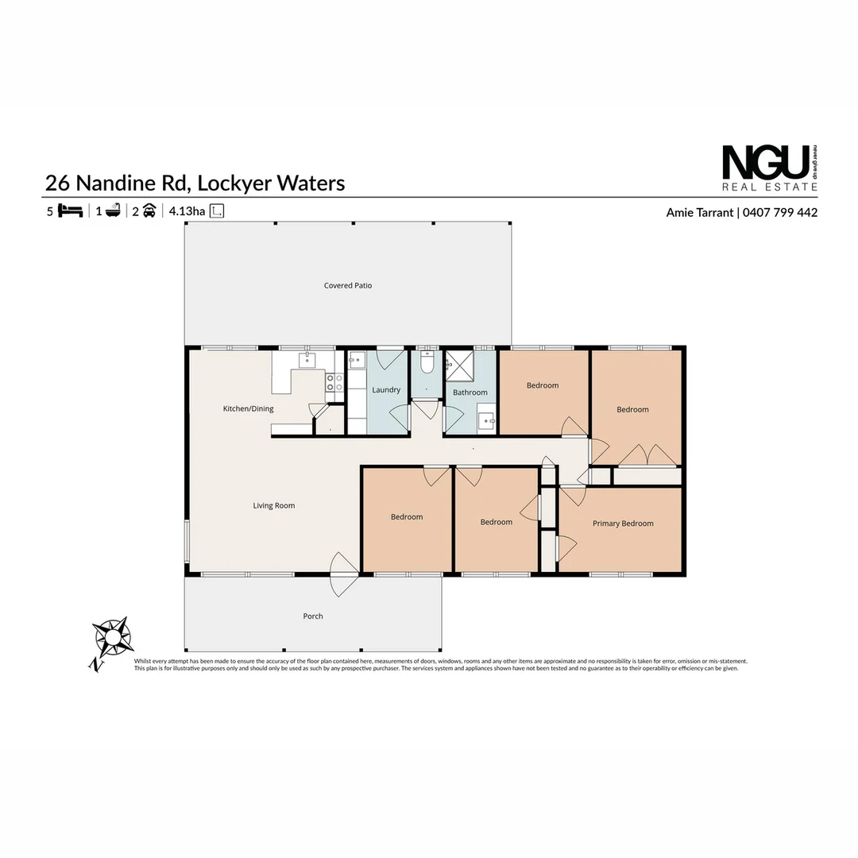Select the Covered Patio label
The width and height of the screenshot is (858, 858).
(348, 285)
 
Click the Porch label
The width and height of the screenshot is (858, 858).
(313, 616)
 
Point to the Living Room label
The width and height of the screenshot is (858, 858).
(274, 505)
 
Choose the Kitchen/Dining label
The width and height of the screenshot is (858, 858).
(248, 409)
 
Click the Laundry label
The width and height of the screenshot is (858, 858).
(386, 390)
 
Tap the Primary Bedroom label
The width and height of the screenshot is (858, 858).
(623, 524)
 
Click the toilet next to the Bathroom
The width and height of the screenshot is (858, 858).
(427, 364)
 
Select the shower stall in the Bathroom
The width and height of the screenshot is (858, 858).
(458, 365)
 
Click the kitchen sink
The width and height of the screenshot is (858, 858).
(307, 361)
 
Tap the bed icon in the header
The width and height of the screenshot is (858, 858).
(71, 211)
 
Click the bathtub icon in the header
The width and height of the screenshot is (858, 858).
(113, 211)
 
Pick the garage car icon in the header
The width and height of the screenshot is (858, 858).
(149, 211)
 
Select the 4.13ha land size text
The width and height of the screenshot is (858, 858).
(187, 211)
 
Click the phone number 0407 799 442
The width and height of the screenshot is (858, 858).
(780, 212)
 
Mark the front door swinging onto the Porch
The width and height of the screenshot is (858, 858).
(343, 574)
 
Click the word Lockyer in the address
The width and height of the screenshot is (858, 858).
(233, 184)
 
